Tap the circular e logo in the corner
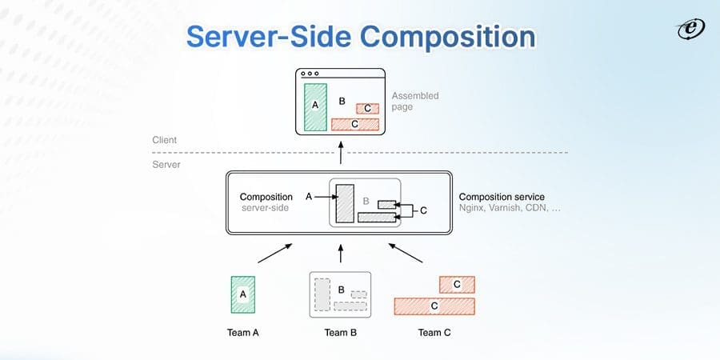click(x=688, y=29)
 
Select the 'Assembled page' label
click(x=414, y=101)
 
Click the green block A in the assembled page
click(x=315, y=106)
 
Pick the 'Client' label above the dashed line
click(x=164, y=140)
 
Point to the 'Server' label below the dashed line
click(x=166, y=164)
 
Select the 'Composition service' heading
click(x=502, y=197)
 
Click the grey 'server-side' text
click(x=265, y=208)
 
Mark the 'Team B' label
click(x=341, y=332)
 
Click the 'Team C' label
click(x=434, y=332)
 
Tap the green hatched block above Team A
click(x=243, y=294)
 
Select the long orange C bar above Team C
click(x=434, y=306)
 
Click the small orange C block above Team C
click(x=457, y=284)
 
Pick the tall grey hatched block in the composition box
click(x=345, y=203)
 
